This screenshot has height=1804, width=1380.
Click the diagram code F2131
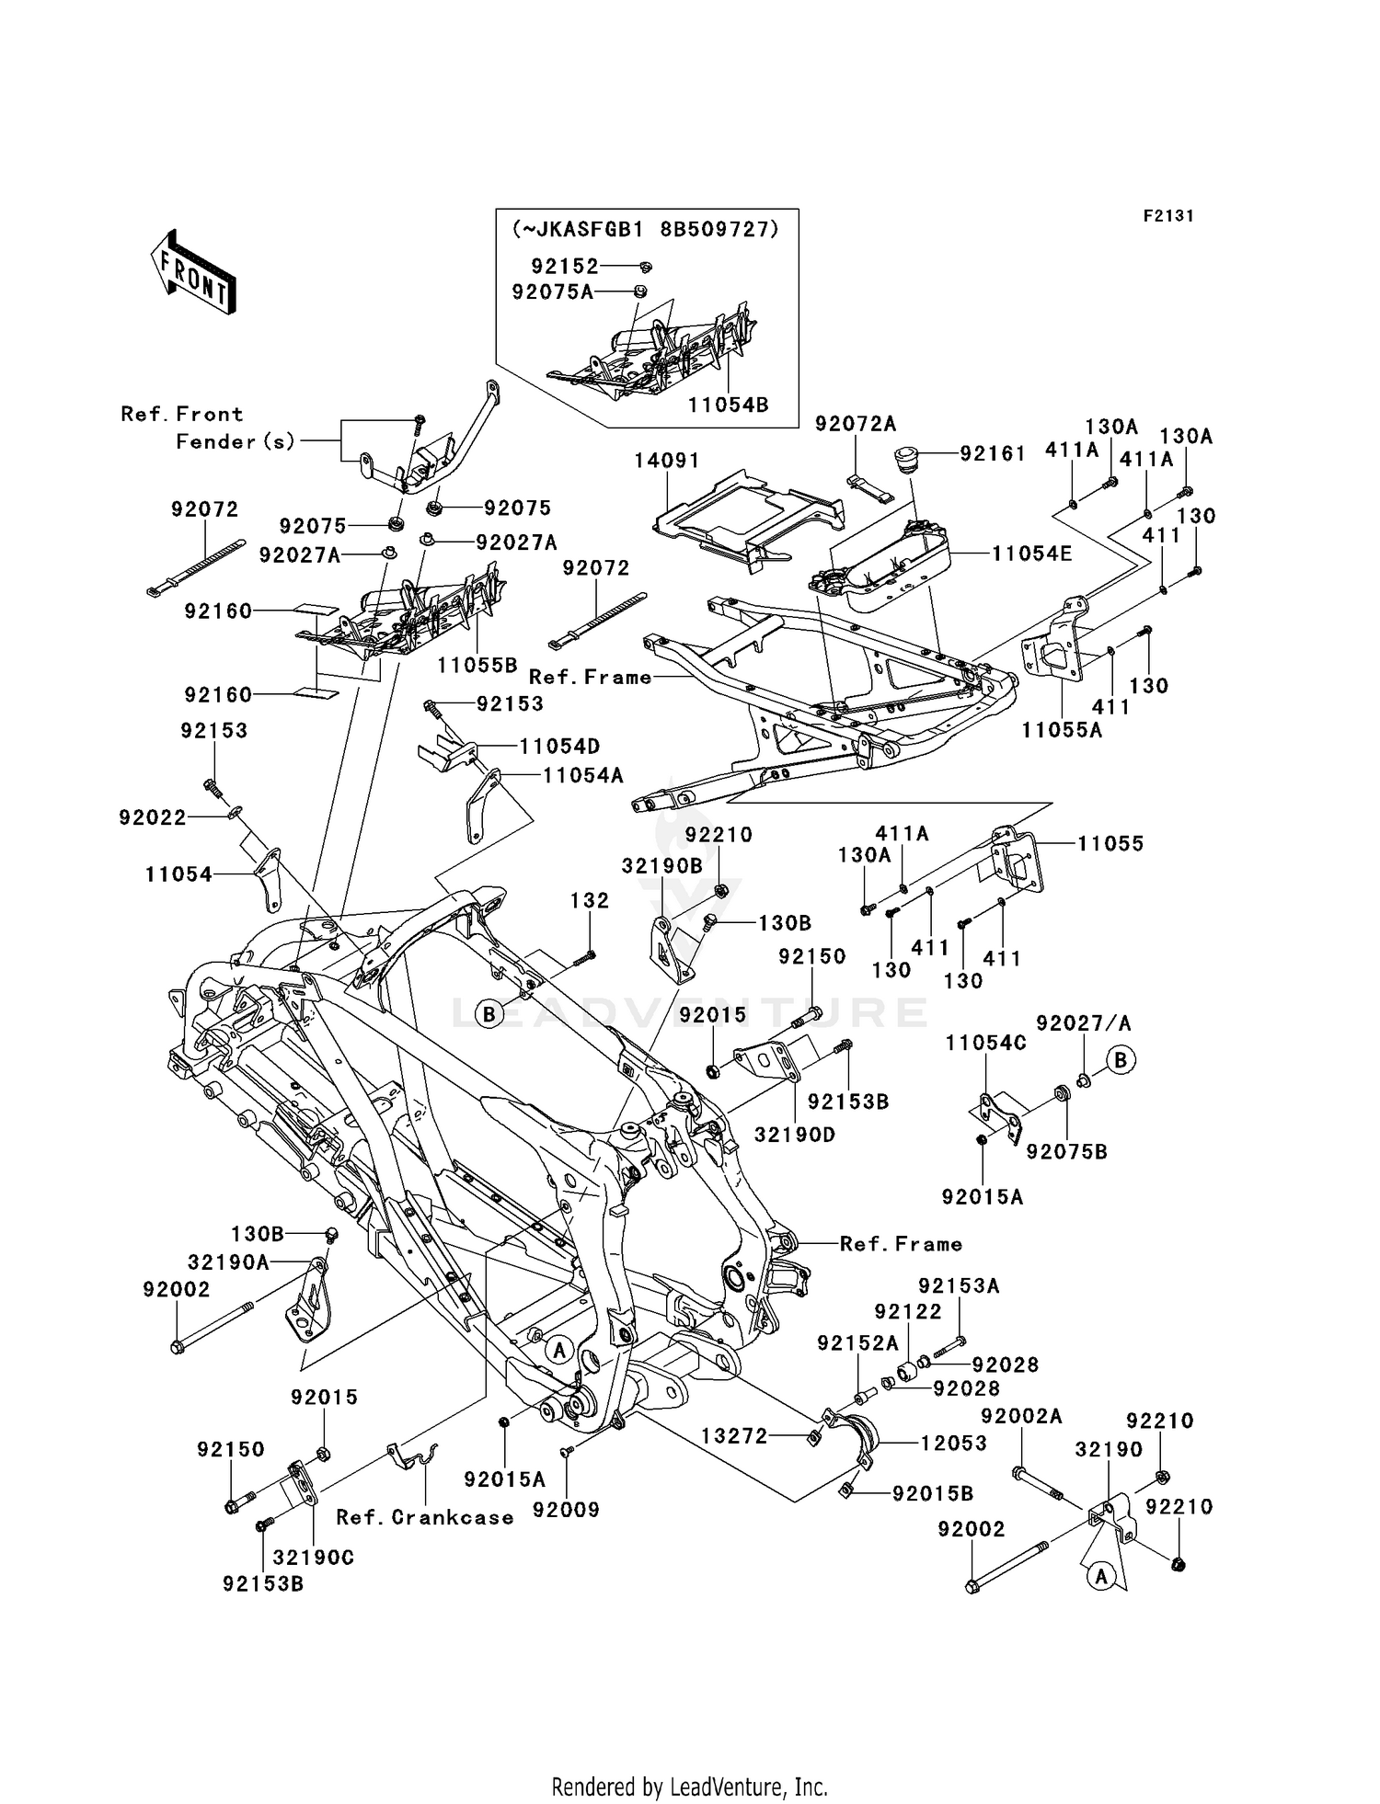click(x=1168, y=216)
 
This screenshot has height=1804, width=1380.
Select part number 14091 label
click(x=667, y=460)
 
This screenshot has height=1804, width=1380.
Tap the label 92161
click(x=993, y=454)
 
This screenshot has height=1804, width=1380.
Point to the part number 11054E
click(x=1031, y=554)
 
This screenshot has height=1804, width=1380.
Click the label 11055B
click(x=477, y=664)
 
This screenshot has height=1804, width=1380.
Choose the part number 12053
click(x=954, y=1443)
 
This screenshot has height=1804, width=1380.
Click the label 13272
click(x=734, y=1435)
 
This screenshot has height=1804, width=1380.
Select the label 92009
click(x=570, y=1509)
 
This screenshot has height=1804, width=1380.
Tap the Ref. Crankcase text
click(x=425, y=1518)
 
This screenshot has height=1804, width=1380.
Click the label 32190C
click(x=314, y=1558)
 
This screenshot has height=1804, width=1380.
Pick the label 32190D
click(x=795, y=1135)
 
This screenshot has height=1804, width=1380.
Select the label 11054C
click(x=986, y=1044)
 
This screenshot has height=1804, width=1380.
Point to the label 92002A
click(x=1021, y=1417)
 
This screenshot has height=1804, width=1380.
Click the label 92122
click(x=908, y=1312)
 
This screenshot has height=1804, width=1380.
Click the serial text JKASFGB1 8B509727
click(x=646, y=230)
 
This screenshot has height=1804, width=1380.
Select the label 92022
click(x=152, y=817)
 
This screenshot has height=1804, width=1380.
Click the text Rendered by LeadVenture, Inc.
click(x=689, y=1787)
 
